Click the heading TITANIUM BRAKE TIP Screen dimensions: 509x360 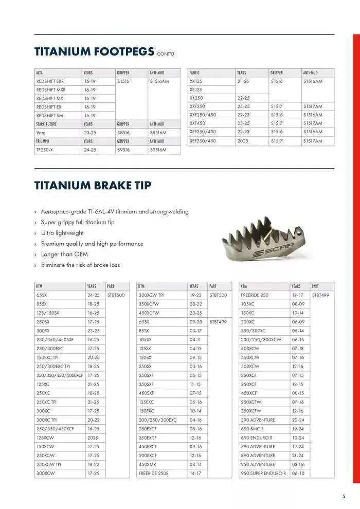pyautogui.click(x=93, y=186)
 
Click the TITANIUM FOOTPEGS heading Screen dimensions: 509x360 pyautogui.click(x=94, y=51)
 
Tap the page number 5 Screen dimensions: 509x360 pyautogui.click(x=344, y=496)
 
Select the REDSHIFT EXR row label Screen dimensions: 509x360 pyautogui.click(x=50, y=81)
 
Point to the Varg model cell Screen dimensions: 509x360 pyautogui.click(x=41, y=132)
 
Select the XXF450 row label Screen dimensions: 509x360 pyautogui.click(x=198, y=123)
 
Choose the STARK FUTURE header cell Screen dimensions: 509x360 pyautogui.click(x=46, y=124)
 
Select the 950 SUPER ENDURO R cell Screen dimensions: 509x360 pyautogui.click(x=263, y=473)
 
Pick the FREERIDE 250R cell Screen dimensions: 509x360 pyautogui.click(x=153, y=473)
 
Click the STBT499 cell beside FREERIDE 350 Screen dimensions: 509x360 pyautogui.click(x=320, y=296)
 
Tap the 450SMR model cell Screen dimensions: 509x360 pyautogui.click(x=148, y=464)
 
